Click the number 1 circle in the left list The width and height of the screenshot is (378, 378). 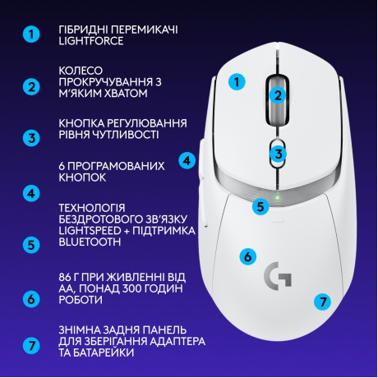click(x=31, y=35)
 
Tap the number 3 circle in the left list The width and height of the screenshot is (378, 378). click(x=31, y=138)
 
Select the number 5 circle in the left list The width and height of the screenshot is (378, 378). click(x=31, y=243)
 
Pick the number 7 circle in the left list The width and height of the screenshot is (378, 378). click(x=31, y=345)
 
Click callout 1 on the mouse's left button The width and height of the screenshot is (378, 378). click(x=237, y=81)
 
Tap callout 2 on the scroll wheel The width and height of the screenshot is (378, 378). click(x=278, y=95)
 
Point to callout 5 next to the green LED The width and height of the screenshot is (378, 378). click(x=260, y=206)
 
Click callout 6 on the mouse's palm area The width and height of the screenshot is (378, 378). click(x=247, y=256)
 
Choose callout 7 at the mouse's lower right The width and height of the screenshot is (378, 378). click(x=324, y=301)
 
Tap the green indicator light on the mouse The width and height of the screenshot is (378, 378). click(x=279, y=197)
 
